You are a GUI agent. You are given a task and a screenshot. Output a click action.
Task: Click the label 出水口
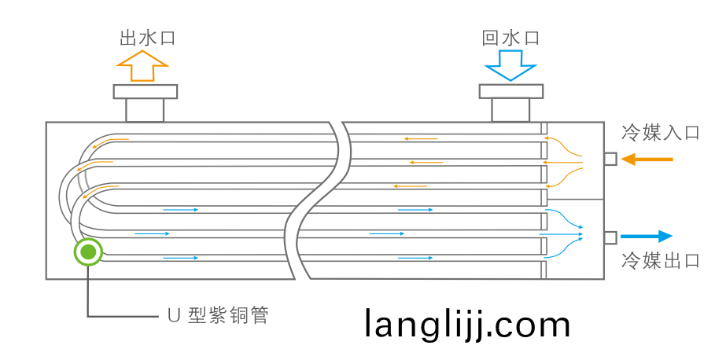coord(146,38)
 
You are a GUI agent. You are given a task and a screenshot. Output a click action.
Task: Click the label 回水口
coord(510,38)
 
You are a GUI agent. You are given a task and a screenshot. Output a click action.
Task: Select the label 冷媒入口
coord(660,132)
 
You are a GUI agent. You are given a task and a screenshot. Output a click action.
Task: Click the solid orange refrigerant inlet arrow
coord(647,160)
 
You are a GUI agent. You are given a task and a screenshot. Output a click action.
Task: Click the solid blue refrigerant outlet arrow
coord(647,237)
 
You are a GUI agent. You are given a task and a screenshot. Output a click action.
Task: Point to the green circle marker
coord(88,252)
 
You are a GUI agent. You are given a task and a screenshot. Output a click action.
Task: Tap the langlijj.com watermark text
coord(467,324)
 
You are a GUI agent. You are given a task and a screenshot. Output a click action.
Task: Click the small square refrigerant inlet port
coord(610,160)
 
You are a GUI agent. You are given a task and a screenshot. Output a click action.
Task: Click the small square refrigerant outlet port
coord(610,237)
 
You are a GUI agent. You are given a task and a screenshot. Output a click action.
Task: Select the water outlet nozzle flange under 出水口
coord(145,91)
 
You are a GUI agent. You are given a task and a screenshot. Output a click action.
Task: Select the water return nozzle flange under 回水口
coord(510,91)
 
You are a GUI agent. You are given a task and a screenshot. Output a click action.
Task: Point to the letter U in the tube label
coord(175,316)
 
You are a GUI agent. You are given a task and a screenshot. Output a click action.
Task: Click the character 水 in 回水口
coord(510,38)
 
